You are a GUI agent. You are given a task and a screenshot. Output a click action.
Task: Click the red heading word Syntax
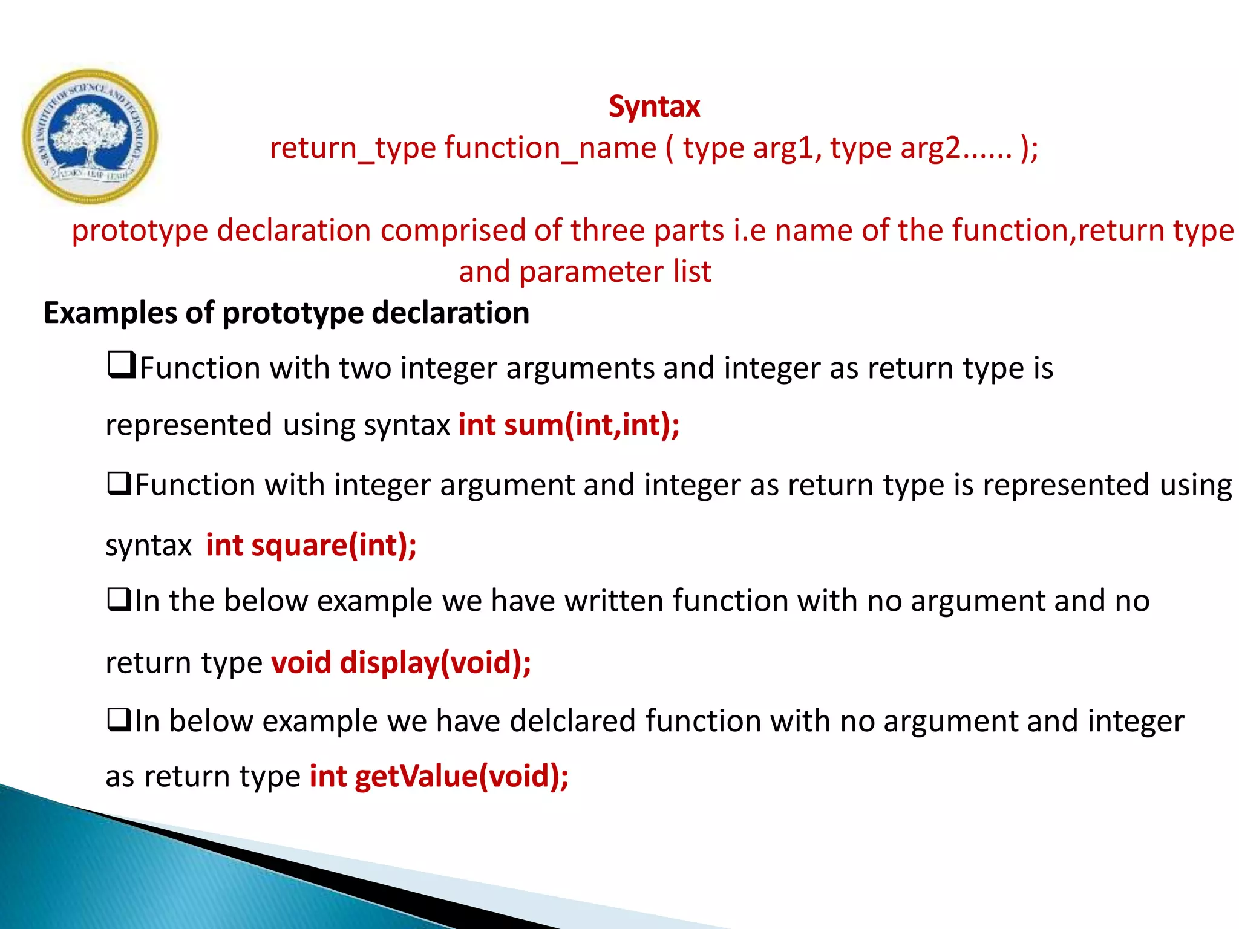coord(654,107)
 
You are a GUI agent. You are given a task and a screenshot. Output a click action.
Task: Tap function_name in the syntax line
coord(550,149)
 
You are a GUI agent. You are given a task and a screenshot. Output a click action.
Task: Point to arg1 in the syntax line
coord(786,149)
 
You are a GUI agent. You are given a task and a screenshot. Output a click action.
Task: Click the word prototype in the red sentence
coord(139,231)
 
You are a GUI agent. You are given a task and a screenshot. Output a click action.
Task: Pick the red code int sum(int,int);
coord(569,425)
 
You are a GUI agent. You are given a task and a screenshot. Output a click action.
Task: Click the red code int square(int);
coord(311,546)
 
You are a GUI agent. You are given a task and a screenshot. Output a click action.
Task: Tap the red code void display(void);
coord(400,663)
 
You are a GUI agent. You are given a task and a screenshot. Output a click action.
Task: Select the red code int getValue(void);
coord(439,777)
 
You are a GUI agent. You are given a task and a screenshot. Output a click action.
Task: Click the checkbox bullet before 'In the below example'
coord(119,599)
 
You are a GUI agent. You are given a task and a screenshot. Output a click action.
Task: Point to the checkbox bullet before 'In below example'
coord(119,720)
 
